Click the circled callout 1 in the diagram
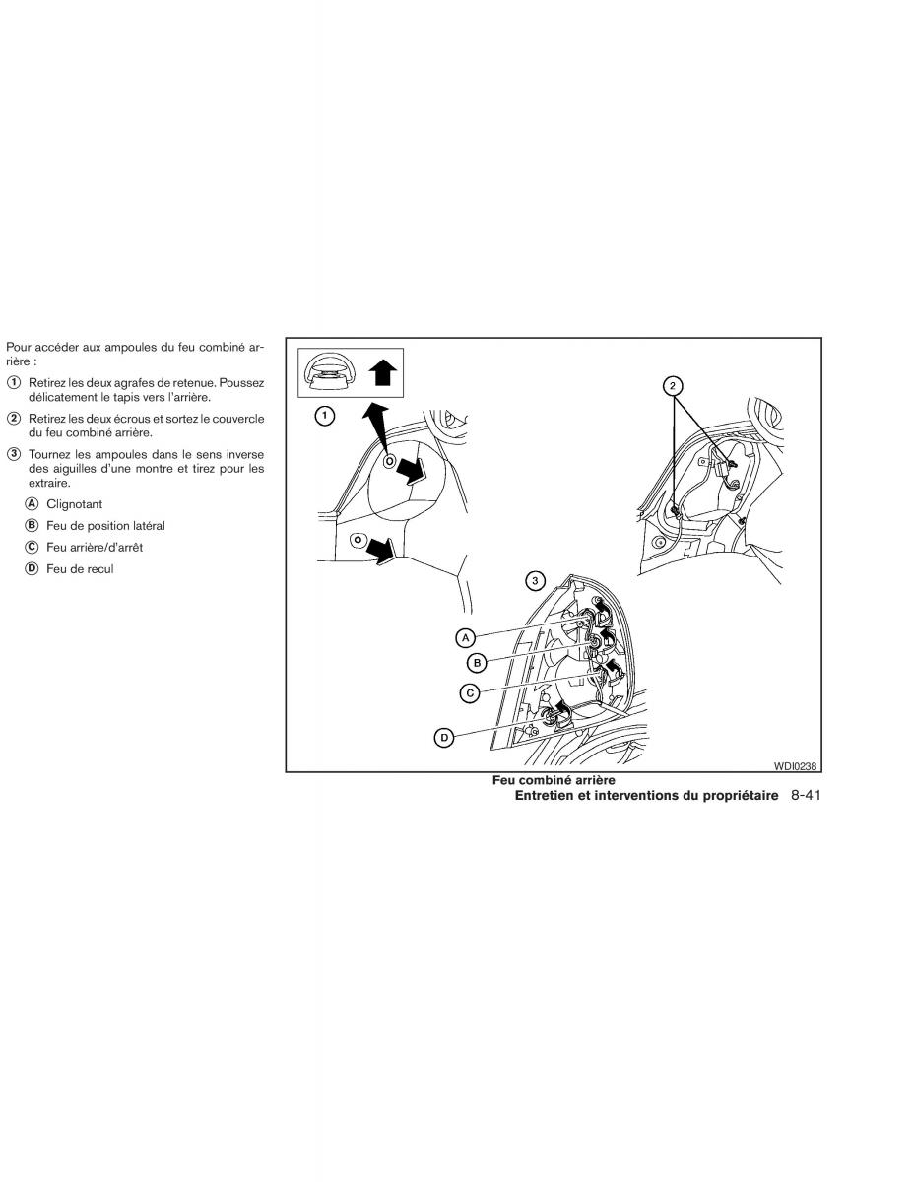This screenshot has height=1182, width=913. point(322,416)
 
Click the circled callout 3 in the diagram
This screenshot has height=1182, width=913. point(535,580)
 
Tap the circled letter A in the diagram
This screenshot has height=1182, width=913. point(466,637)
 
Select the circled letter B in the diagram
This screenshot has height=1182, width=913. point(477,662)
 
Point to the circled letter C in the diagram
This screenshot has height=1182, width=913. point(471,693)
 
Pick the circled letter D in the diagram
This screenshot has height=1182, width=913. point(444,736)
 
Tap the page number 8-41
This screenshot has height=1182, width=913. point(805,794)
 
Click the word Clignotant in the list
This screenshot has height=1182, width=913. point(74,503)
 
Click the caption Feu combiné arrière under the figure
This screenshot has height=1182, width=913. point(554,780)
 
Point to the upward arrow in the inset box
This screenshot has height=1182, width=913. point(382,373)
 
